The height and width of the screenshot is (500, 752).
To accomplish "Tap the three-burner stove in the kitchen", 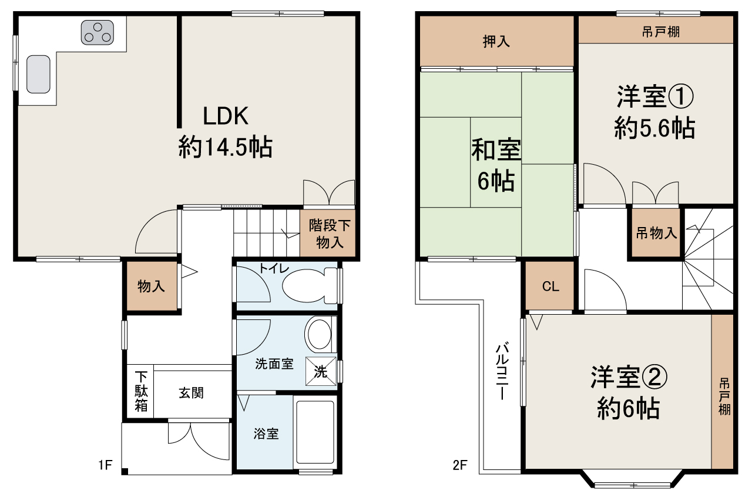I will (98, 32).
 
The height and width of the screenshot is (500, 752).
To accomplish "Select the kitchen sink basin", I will (38, 74).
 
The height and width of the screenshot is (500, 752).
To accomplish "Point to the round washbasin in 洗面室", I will (319, 335).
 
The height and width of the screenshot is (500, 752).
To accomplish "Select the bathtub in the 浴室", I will (315, 432).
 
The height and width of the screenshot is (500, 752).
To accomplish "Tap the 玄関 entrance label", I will (192, 392).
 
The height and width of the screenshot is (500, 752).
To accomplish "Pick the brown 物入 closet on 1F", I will (151, 286).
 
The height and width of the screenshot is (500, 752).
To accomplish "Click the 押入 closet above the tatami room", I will (496, 41).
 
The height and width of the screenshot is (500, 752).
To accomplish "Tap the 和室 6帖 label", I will (496, 165).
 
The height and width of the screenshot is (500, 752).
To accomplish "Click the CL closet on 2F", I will (550, 286).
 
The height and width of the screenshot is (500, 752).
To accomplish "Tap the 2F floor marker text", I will (459, 466).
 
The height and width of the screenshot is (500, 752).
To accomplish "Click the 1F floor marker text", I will (105, 466).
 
